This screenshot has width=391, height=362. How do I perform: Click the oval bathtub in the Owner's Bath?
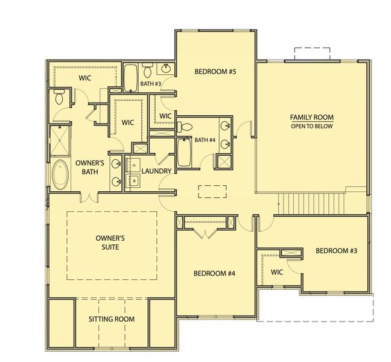[60, 174]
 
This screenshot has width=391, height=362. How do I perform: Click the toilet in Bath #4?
[186, 127]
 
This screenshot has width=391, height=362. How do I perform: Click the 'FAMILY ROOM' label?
[311, 118]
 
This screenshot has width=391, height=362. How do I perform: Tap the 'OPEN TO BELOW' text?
[311, 127]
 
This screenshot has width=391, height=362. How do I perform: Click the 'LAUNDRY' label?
[157, 171]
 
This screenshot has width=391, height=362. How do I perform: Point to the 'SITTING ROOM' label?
[112, 319]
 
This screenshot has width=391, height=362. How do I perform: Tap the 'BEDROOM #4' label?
[214, 273]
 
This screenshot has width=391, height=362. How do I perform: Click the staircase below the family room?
[310, 202]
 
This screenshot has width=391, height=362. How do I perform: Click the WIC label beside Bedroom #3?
[277, 271]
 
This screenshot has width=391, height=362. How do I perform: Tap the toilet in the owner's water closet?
[59, 97]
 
